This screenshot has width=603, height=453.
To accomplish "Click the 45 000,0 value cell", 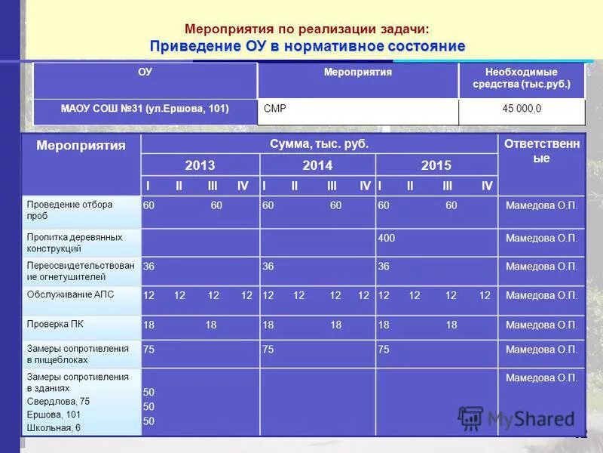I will pos(522,109).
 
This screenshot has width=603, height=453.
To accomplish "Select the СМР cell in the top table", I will pos(275,109).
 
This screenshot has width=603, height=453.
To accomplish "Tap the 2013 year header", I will pos(200,165).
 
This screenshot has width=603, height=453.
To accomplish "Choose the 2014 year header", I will pos(317,165).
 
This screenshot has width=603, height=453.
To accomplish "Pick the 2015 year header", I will pos(436,165).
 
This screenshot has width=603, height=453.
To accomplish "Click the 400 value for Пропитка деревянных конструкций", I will pos(387,239).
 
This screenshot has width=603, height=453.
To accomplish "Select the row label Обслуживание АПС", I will pos(70,294).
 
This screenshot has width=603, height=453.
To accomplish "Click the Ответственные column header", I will pos(541,151).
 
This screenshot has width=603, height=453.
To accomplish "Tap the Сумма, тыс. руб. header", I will pos(319,143).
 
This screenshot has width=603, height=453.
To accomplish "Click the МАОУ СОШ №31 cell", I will pos(145,109).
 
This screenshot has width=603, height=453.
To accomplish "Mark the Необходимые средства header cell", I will pos(522,78).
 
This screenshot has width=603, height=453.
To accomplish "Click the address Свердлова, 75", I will pos(58,402).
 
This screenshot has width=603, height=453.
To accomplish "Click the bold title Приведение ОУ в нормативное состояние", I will pos(307,46).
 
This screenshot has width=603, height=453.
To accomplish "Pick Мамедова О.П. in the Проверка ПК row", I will pos(541,325).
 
